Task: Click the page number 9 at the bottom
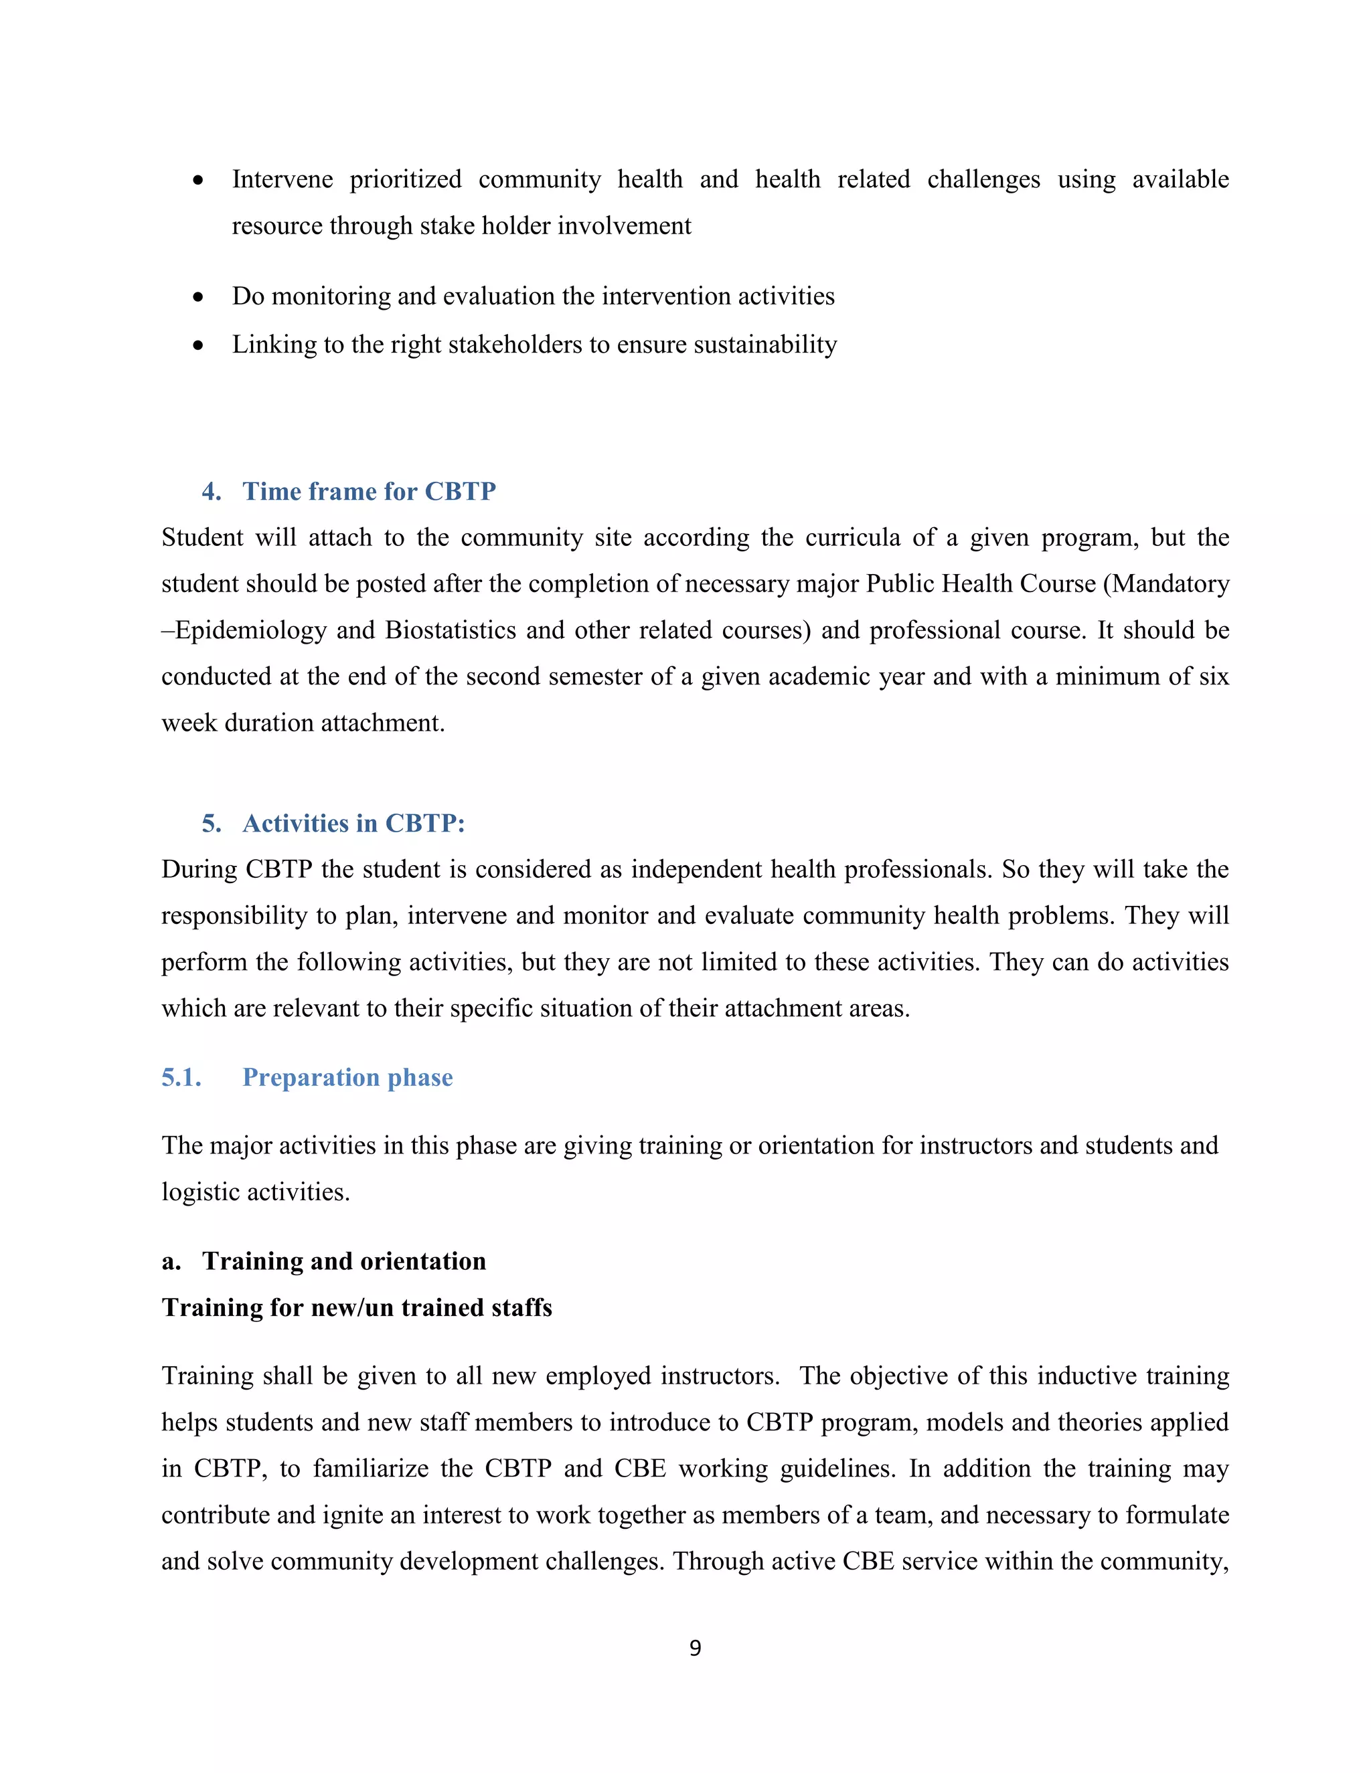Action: tap(694, 1647)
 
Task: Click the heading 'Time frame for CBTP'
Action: tap(369, 491)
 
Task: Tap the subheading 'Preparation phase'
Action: tap(347, 1077)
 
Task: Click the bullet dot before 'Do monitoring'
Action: tap(198, 298)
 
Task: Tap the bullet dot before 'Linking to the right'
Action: tap(198, 347)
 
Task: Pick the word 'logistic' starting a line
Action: tap(199, 1192)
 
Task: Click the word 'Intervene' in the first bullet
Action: tap(282, 179)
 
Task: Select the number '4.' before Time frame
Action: tap(211, 491)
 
